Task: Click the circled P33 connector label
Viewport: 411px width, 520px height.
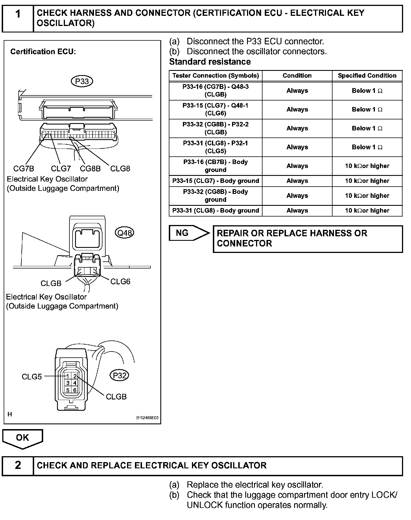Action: (x=82, y=82)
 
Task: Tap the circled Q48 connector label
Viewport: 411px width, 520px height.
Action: (x=124, y=233)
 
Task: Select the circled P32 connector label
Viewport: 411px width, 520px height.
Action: (x=119, y=375)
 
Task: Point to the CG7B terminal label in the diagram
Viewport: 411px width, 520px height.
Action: (x=24, y=169)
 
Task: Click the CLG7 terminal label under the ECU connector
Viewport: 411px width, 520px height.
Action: (x=61, y=169)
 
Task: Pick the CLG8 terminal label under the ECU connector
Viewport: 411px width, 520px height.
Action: (x=120, y=169)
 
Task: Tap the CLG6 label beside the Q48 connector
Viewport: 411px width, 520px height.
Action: (x=120, y=281)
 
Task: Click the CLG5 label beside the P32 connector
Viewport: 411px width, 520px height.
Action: (x=32, y=377)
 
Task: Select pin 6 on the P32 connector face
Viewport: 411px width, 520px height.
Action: (x=75, y=390)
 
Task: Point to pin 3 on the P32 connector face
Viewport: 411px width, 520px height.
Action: (x=68, y=383)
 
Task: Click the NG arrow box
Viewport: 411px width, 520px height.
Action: (x=189, y=233)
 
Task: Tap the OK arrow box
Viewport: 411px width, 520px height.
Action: (x=23, y=438)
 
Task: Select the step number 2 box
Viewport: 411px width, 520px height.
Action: (x=18, y=465)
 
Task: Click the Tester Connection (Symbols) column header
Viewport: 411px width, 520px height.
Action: (x=216, y=76)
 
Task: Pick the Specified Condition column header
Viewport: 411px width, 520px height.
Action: (x=367, y=76)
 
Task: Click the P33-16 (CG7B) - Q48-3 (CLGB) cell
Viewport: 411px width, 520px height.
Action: (x=216, y=91)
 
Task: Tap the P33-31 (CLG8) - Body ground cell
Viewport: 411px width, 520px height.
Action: (x=216, y=211)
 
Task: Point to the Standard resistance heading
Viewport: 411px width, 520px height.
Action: (x=210, y=62)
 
